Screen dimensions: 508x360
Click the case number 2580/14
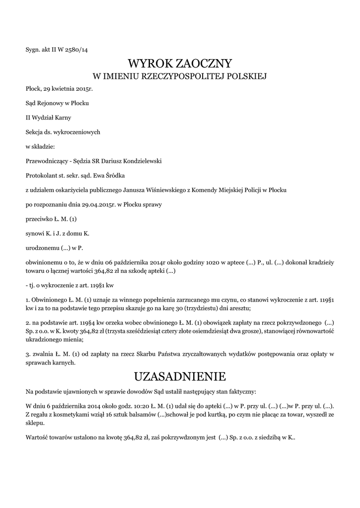coord(77,50)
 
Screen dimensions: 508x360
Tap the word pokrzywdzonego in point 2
coord(292,322)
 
